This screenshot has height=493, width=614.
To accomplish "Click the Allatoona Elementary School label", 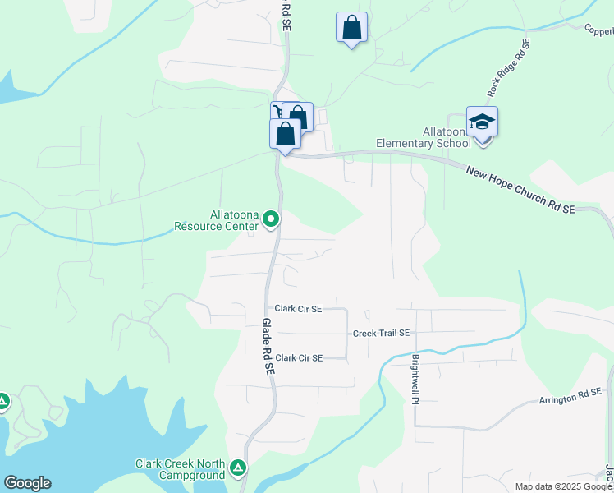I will point(423,137).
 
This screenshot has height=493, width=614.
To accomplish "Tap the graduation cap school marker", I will point(482,122).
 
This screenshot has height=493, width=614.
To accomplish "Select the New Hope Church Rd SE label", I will point(520,190).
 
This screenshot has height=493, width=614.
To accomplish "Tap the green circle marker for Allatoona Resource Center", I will point(271,219).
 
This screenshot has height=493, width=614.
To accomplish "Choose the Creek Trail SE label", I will point(381,333).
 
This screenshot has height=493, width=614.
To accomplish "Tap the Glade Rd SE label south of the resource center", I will point(267,348).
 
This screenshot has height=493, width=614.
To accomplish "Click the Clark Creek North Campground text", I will point(180,469).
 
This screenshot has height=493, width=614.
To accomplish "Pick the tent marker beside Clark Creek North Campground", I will point(238,468).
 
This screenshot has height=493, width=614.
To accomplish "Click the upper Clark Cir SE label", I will point(299,309).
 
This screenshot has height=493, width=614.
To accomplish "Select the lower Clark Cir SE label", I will point(299,357).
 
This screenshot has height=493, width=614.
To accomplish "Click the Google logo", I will point(27,483).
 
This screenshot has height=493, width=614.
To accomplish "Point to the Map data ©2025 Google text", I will point(562,486).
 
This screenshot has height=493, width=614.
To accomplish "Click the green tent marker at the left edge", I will point(2,402).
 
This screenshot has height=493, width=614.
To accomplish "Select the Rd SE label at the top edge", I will point(286,15).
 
